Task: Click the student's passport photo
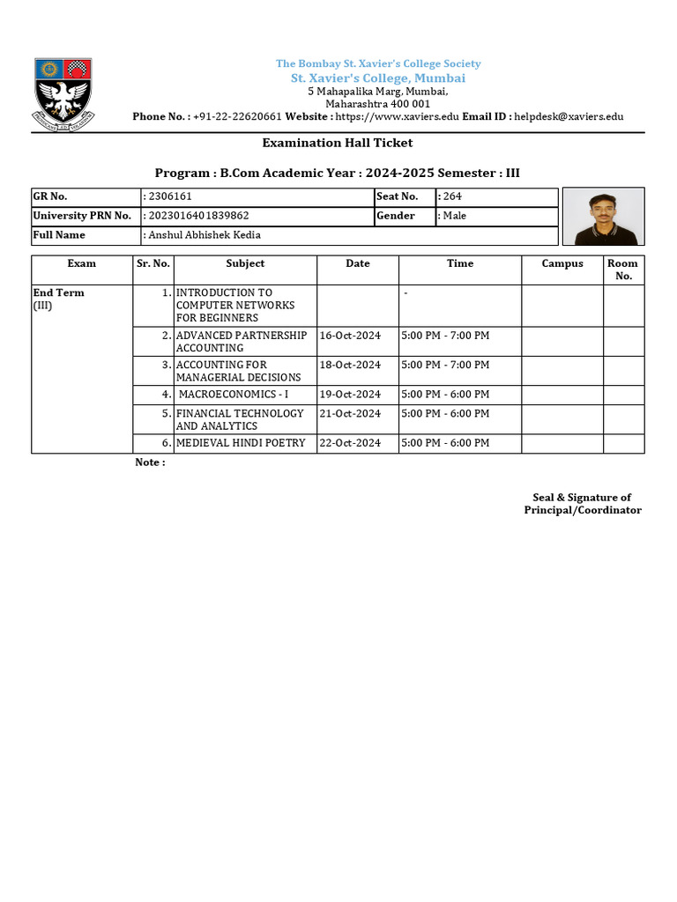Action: pyautogui.click(x=603, y=217)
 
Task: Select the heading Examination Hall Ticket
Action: pyautogui.click(x=337, y=143)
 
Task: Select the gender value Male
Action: pyautogui.click(x=454, y=216)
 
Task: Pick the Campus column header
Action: pyautogui.click(x=562, y=263)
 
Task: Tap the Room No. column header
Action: pyautogui.click(x=623, y=270)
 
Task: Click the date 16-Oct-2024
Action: pyautogui.click(x=350, y=336)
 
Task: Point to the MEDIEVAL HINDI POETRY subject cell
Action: pyautogui.click(x=241, y=443)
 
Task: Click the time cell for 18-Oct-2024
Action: pyautogui.click(x=445, y=365)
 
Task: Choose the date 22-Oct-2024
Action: pyautogui.click(x=350, y=443)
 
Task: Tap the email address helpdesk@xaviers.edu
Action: pyautogui.click(x=569, y=116)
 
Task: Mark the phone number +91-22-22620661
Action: pyautogui.click(x=237, y=116)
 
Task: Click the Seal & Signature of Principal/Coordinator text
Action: pyautogui.click(x=582, y=504)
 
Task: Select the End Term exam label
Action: pyautogui.click(x=59, y=292)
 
